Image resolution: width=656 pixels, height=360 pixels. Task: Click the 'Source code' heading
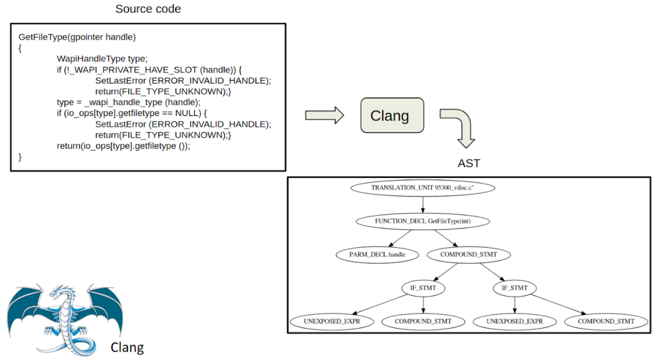click(148, 10)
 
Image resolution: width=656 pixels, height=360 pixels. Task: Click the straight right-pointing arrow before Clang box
click(324, 115)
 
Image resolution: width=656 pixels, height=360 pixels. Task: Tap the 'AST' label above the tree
click(469, 163)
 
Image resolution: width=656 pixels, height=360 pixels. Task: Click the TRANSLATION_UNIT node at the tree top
click(423, 188)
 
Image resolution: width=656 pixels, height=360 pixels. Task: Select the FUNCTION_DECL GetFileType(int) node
click(423, 221)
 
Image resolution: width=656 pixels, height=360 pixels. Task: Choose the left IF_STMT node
click(423, 288)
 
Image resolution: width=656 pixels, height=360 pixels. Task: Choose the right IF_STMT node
click(514, 288)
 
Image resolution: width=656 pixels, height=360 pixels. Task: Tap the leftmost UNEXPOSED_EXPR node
click(331, 321)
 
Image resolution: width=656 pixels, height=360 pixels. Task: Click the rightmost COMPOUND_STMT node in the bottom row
click(606, 321)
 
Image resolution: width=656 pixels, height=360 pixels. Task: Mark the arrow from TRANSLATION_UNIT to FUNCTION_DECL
click(423, 204)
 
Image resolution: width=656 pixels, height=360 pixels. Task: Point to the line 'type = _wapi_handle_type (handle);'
click(129, 102)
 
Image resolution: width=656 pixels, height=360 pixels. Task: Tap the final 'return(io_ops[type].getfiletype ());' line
click(124, 146)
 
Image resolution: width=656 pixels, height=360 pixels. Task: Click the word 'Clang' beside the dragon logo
click(127, 348)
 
